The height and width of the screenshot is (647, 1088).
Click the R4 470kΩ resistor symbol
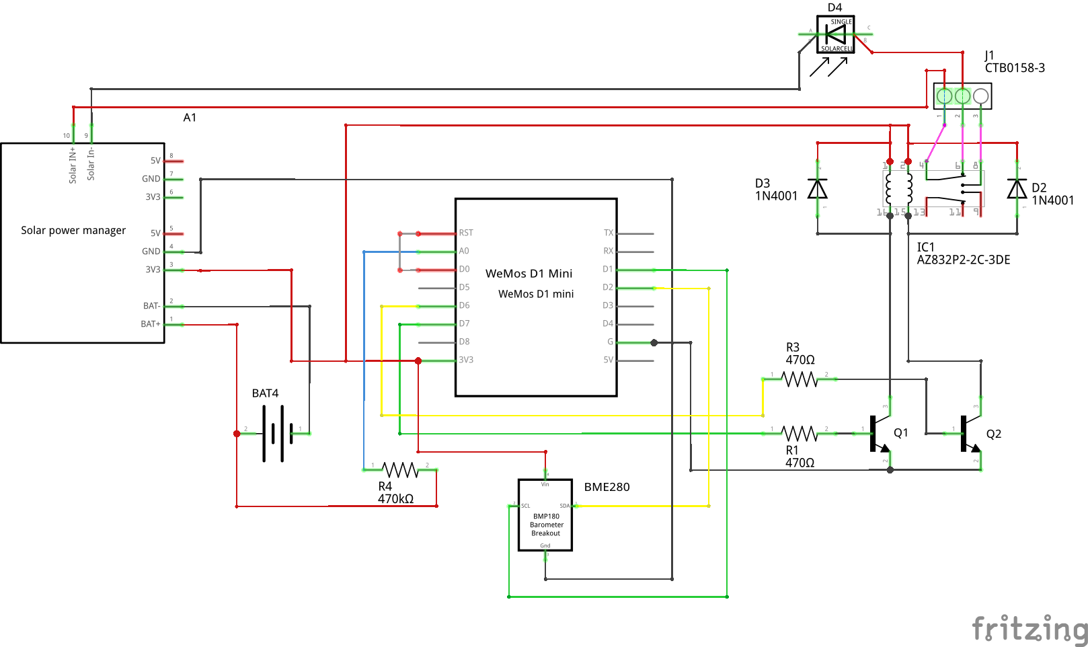coord(400,469)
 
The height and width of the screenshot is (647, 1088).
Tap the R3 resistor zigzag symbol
coord(800,380)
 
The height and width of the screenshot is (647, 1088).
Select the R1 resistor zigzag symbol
coord(800,434)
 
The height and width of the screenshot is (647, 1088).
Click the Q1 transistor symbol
coord(877,434)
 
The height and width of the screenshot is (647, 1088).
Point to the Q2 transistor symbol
coord(968,434)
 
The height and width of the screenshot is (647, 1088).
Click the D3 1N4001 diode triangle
coord(818,189)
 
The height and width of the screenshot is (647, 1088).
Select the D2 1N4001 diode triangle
coord(1017,189)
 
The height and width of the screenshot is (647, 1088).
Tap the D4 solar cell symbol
coord(835,34)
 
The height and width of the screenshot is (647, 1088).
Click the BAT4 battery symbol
coord(278,434)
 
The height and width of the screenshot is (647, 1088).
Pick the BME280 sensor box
coord(545,515)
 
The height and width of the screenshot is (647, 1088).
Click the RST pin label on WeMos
coord(466,233)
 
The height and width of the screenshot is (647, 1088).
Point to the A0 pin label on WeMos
coord(464,252)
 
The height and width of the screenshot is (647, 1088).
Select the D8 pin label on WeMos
coord(465,342)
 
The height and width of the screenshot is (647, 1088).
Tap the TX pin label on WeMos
coord(608,233)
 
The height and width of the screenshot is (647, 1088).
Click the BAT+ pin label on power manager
coord(151,324)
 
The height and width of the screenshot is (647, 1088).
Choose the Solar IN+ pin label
coord(73,165)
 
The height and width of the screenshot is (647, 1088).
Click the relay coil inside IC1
coord(899,189)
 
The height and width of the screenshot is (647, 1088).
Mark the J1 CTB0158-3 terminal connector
coord(963,96)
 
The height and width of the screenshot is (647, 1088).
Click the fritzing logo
coord(1029,630)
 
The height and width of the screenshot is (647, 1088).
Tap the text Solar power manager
coord(73,231)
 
